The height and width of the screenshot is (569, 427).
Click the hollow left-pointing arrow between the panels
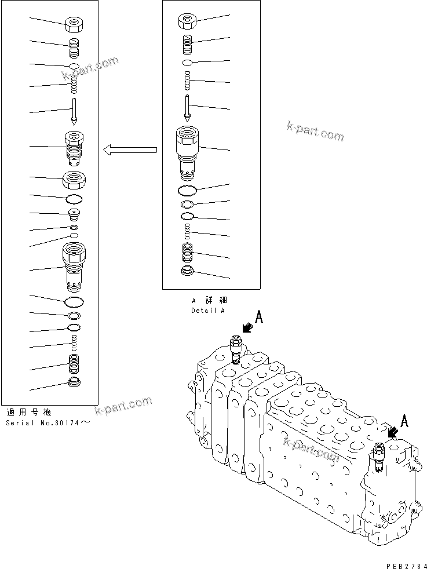click(130, 151)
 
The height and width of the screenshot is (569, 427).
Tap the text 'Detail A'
click(208, 311)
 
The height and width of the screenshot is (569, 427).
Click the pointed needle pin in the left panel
click(75, 111)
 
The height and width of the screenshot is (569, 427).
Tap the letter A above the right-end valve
click(404, 421)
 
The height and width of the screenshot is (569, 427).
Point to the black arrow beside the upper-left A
click(247, 329)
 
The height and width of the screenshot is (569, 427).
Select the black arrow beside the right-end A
click(393, 432)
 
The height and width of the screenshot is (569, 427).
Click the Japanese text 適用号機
click(29, 413)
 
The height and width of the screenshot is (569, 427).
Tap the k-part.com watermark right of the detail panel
click(315, 132)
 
